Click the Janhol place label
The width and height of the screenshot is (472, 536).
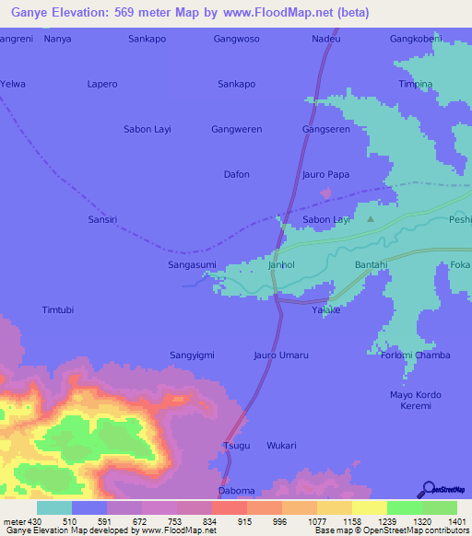(x=280, y=264)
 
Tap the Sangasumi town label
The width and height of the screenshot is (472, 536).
(x=191, y=264)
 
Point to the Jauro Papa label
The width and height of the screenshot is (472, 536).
(x=325, y=174)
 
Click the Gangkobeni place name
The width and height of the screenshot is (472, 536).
(x=417, y=40)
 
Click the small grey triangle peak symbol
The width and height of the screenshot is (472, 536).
(x=371, y=219)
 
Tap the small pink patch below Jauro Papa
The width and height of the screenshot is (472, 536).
(x=325, y=193)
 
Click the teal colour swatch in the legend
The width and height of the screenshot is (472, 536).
(x=54, y=507)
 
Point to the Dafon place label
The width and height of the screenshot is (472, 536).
(x=237, y=174)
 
